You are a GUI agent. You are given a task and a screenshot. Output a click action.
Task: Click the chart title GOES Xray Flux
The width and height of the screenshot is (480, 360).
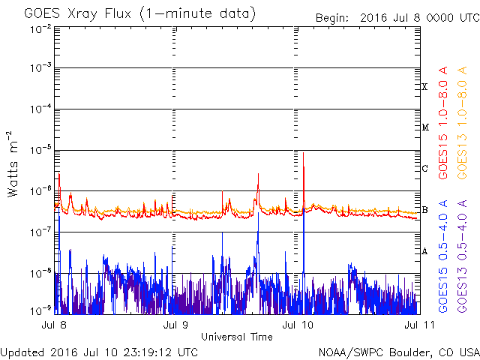pyautogui.click(x=78, y=14)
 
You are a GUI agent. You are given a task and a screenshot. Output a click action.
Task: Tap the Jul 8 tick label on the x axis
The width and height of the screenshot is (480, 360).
pyautogui.click(x=54, y=325)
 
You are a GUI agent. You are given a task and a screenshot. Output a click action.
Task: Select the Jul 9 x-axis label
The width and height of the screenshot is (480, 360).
pyautogui.click(x=175, y=325)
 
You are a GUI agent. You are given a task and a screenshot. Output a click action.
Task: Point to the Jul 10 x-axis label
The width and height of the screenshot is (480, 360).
pyautogui.click(x=298, y=325)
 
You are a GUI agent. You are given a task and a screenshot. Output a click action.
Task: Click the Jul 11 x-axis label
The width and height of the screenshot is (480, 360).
pyautogui.click(x=419, y=325)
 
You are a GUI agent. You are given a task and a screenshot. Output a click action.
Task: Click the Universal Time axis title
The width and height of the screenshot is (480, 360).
pyautogui.click(x=237, y=337)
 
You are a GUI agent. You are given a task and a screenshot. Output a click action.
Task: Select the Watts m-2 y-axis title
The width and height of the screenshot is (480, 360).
pyautogui.click(x=13, y=164)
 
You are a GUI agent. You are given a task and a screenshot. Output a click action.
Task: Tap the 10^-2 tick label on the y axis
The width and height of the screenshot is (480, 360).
pyautogui.click(x=41, y=30)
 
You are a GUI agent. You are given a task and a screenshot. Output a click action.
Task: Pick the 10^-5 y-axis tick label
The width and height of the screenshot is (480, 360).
pyautogui.click(x=41, y=150)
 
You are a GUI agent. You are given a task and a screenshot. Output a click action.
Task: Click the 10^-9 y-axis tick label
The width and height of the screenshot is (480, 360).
pyautogui.click(x=41, y=311)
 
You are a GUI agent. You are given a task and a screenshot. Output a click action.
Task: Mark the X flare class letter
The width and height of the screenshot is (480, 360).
pyautogui.click(x=424, y=87)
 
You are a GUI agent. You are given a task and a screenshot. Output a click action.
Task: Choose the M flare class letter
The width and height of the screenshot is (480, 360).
pyautogui.click(x=425, y=127)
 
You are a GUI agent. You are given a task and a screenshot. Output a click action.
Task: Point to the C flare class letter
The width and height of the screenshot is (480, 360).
pyautogui.click(x=424, y=168)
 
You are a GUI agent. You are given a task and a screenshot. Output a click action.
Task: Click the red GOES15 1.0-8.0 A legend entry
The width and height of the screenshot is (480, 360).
pyautogui.click(x=443, y=123)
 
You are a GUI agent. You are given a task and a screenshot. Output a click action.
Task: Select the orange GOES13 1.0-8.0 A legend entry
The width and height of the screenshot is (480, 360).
pyautogui.click(x=462, y=123)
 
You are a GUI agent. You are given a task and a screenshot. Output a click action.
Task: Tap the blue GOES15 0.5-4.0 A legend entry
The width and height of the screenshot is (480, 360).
pyautogui.click(x=443, y=256)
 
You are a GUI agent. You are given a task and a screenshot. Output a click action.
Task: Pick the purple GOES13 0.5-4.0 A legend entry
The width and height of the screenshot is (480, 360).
pyautogui.click(x=462, y=256)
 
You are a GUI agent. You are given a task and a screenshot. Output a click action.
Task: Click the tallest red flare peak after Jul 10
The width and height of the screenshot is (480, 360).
pyautogui.click(x=303, y=153)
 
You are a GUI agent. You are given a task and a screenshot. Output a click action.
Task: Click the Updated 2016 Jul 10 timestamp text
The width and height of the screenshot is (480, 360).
pyautogui.click(x=99, y=352)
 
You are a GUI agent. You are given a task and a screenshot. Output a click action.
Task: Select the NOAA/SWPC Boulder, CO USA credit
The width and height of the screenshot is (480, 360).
pyautogui.click(x=399, y=352)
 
